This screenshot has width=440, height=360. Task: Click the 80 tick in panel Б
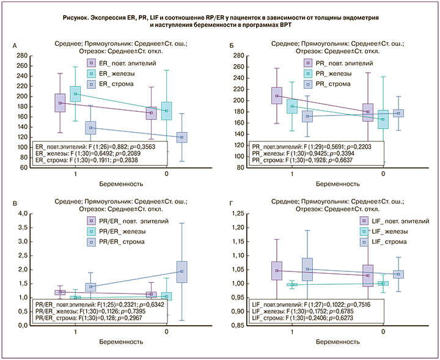tap(240, 167)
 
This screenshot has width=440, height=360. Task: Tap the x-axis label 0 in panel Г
tap(383, 331)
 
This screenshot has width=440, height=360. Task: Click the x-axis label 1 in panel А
tap(75, 174)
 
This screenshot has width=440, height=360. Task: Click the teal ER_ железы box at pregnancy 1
tap(75, 94)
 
